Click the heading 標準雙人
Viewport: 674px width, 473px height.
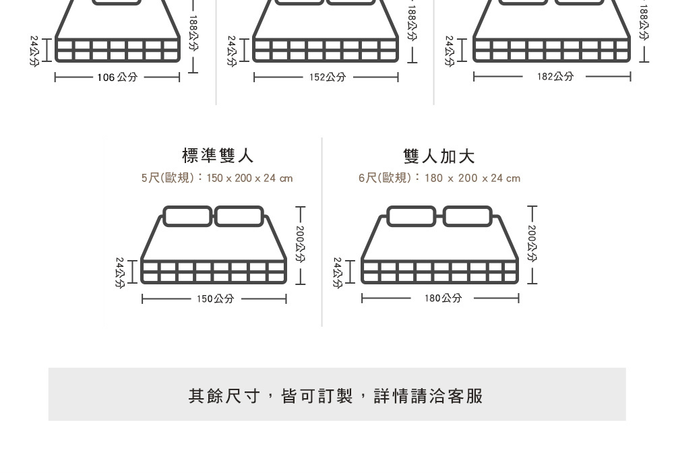click(218, 156)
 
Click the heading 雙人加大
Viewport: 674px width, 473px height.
click(439, 156)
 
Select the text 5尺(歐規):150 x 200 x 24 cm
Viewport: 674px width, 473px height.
click(217, 178)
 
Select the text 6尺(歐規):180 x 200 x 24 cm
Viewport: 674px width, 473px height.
click(439, 178)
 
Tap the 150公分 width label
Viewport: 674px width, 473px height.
click(215, 298)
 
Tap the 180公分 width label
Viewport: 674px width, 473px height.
click(443, 298)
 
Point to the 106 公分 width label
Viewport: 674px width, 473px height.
click(117, 77)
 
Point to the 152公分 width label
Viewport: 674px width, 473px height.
click(328, 77)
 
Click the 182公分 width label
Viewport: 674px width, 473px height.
click(555, 77)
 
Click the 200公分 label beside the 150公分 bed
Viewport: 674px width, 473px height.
click(301, 244)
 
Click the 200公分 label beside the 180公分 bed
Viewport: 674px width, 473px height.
click(532, 244)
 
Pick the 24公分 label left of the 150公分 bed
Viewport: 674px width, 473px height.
click(119, 272)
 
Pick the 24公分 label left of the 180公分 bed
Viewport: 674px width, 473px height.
click(338, 272)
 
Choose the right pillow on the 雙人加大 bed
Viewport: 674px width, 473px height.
click(467, 216)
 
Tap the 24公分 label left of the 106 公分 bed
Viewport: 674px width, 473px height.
click(34, 51)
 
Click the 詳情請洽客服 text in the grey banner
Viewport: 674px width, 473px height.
click(429, 396)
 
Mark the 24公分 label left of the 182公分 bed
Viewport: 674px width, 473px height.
click(450, 51)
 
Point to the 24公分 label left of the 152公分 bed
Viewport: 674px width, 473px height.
click(232, 51)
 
